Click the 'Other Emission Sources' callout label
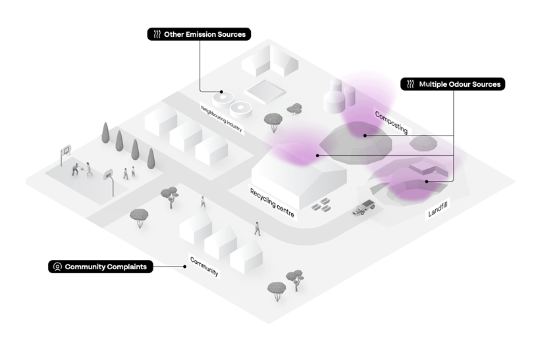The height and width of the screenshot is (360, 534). [198, 34]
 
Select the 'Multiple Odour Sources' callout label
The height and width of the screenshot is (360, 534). [453, 84]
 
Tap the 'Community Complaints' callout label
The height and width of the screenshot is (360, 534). [101, 267]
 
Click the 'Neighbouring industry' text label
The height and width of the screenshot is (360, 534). [222, 118]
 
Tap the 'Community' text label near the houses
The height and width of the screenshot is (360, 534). [204, 265]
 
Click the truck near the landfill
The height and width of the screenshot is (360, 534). [363, 209]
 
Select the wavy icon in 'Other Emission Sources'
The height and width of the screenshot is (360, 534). [157, 34]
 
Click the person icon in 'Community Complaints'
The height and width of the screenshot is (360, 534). [57, 267]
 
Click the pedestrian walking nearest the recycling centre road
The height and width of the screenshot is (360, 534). [257, 228]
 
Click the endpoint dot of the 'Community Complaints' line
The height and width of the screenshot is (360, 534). [184, 267]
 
